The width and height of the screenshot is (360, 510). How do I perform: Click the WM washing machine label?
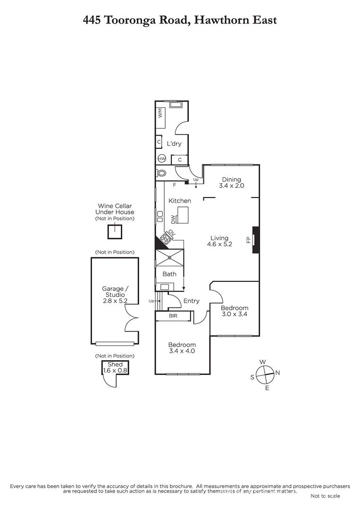[159, 113]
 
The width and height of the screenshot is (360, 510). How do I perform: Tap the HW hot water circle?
[161, 159]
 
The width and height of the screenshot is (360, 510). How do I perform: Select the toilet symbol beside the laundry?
[161, 173]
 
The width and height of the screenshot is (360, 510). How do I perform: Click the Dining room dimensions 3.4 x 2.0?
[231, 186]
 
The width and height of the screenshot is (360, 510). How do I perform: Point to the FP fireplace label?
[249, 240]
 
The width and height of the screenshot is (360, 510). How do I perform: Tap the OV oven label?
[171, 233]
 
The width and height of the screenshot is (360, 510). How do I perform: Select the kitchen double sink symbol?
[160, 216]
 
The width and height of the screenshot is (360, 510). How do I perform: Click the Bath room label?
[169, 274]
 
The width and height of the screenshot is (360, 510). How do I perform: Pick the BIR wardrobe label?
[173, 315]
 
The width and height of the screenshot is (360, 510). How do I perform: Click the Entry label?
[192, 301]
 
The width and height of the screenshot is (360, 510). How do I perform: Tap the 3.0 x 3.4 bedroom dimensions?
[234, 314]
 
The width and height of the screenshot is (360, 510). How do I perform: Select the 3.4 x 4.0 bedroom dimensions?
[182, 351]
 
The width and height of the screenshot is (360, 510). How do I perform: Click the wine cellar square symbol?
[115, 231]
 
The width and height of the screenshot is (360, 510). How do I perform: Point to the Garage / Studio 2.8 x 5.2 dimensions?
[115, 301]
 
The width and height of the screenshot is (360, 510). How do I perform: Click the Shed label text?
[115, 364]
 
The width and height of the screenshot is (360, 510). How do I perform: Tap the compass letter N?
[277, 373]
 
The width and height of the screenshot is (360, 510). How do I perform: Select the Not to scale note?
[325, 496]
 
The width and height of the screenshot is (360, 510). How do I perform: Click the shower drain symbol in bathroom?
[169, 258]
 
